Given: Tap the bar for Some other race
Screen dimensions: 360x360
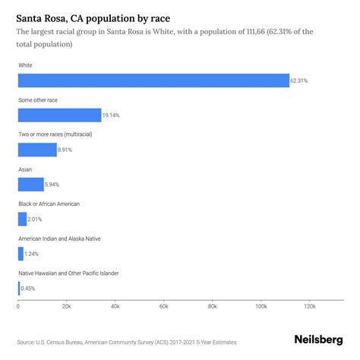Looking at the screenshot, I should [x=59, y=115].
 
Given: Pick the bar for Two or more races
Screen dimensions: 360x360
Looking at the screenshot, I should [x=37, y=150].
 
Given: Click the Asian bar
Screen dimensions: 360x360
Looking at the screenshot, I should [x=30, y=185].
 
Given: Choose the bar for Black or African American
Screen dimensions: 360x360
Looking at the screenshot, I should [x=22, y=219].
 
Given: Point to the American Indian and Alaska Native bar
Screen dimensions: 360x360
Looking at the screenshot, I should [x=21, y=254].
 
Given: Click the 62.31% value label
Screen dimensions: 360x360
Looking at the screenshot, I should [x=300, y=81].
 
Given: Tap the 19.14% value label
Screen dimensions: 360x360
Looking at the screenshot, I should [x=112, y=115].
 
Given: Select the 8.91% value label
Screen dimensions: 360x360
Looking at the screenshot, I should [x=67, y=150].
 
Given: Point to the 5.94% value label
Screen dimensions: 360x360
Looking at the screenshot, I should [x=53, y=185].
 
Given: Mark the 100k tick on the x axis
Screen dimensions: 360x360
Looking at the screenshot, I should [x=261, y=306].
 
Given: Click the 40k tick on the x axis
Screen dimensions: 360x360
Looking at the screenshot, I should [x=115, y=306].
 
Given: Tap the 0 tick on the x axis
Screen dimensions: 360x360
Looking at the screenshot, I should [x=18, y=306].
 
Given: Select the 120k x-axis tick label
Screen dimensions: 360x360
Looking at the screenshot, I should [x=309, y=306].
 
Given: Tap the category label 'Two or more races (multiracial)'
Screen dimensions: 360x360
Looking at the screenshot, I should [x=55, y=134].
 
